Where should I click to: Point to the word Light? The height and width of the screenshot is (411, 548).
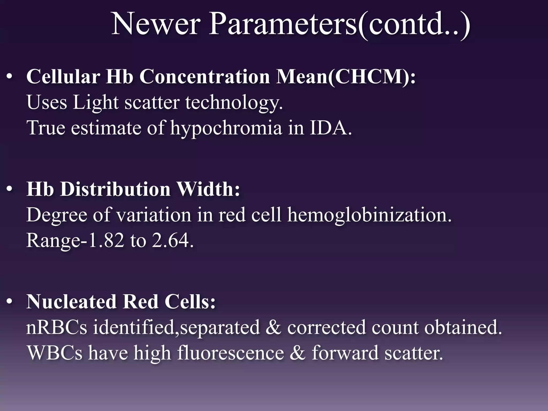pyautogui.click(x=96, y=103)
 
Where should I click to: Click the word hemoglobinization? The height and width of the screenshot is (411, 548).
pyautogui.click(x=369, y=215)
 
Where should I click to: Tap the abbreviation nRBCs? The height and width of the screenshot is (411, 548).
pyautogui.click(x=57, y=328)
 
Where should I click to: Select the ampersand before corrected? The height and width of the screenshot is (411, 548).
pyautogui.click(x=273, y=328)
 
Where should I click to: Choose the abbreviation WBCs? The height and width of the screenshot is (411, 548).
pyautogui.click(x=55, y=353)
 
